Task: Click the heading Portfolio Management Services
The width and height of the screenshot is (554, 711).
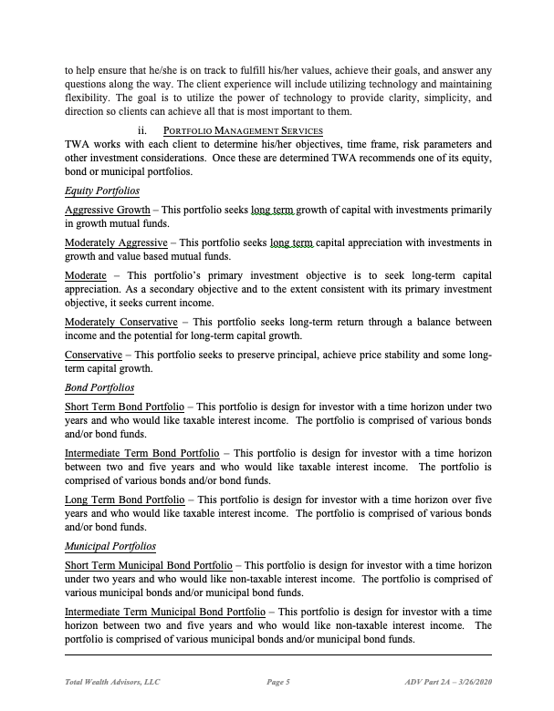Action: tap(244, 131)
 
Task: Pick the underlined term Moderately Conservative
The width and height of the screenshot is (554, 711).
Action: tap(121, 322)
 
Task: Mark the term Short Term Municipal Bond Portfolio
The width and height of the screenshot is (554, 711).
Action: tap(149, 566)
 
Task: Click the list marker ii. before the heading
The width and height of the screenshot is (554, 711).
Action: tap(142, 131)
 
